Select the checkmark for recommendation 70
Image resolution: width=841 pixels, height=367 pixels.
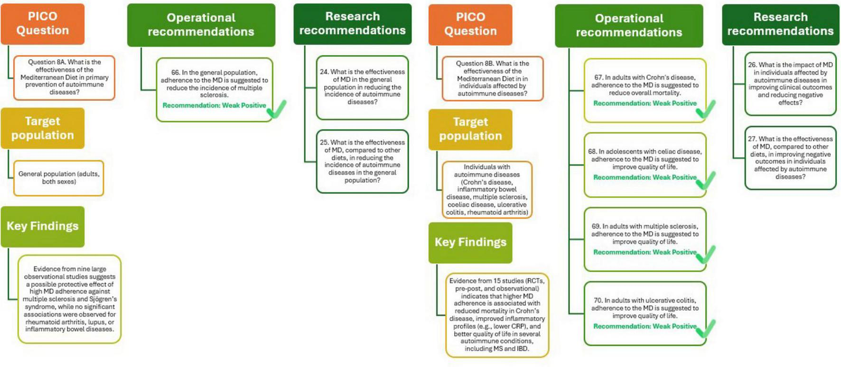pos(706,328)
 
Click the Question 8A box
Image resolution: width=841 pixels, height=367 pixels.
pos(64,77)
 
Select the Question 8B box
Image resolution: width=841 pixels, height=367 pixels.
pos(492,78)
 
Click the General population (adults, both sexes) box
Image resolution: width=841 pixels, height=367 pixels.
pos(59,178)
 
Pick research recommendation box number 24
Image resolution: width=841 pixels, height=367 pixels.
pos(362,87)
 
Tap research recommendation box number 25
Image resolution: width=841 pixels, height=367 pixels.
pos(362,161)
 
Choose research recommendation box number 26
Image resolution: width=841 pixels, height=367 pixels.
pos(790,83)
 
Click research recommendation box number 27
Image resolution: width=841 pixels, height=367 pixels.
pos(790,157)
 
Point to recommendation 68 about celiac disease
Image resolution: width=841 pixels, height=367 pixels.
pos(645,164)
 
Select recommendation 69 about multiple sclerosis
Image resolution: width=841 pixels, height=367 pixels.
pos(645,239)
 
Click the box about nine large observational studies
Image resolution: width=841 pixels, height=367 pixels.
pos(69,299)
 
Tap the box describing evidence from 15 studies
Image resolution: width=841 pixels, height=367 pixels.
pos(497,314)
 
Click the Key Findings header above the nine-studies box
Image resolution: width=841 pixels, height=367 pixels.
pos(43,226)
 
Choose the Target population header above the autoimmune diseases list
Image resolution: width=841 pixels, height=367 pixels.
pos(470,129)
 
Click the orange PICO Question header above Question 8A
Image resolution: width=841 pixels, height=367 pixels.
pos(43,23)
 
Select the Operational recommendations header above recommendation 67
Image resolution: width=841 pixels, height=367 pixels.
pos(629,25)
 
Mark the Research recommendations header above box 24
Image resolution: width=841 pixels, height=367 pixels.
pos(352,23)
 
